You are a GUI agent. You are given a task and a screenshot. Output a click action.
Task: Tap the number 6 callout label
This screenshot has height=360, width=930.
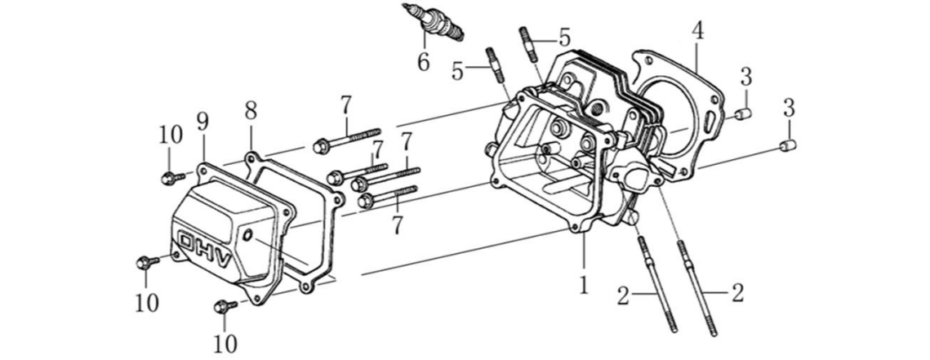(422, 62)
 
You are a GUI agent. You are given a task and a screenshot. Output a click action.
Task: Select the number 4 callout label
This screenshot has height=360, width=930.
(696, 30)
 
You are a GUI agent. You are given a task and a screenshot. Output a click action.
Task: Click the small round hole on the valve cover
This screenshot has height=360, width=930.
(247, 236)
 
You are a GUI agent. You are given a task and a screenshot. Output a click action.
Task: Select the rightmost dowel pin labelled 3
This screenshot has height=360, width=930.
(787, 147)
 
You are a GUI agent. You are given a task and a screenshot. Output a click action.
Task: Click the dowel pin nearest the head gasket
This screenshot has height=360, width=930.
(741, 114)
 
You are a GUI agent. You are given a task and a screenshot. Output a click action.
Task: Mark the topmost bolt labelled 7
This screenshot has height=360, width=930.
(347, 140)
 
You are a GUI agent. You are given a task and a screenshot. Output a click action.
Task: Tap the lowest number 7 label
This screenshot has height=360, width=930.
(397, 224)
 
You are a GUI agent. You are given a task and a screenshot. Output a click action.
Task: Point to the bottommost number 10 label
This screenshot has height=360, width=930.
(225, 344)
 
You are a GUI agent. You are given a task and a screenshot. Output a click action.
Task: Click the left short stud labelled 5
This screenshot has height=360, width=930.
(495, 64)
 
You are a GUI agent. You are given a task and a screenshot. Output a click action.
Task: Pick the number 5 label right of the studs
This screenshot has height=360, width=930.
(563, 37)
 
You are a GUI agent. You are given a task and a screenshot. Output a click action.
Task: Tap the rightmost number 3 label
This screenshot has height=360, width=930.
(789, 107)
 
